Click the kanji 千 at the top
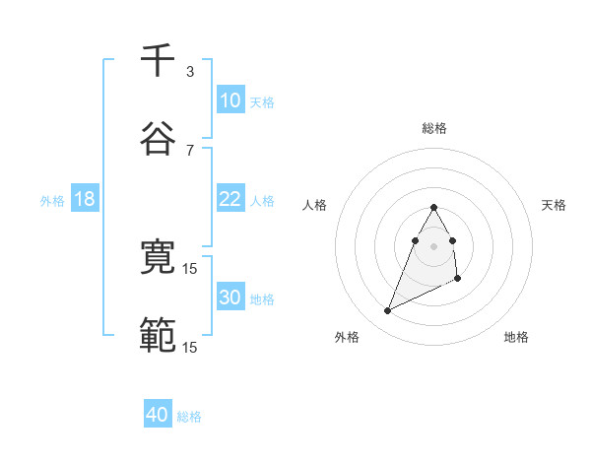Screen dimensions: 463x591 coord(158,60)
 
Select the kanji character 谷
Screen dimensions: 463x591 coord(158,139)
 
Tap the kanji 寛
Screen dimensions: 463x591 coord(158,258)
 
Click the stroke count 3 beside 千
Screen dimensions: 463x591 coord(190,71)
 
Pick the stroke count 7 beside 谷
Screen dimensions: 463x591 coord(190,150)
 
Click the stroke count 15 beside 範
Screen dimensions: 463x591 coord(190,347)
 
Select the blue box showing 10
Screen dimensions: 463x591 coord(230,100)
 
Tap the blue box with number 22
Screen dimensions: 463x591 coord(230,199)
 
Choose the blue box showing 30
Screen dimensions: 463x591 coord(230,298)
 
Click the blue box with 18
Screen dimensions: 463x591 coord(85,199)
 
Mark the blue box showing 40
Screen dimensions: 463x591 coord(158,415)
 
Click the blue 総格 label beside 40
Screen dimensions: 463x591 coord(190,417)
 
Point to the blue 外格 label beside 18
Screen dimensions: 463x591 coord(52,201)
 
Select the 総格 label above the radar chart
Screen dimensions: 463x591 coord(433,128)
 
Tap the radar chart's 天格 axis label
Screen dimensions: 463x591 coord(555,205)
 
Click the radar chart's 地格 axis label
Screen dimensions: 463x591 coord(516,337)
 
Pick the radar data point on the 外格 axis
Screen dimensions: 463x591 coord(387,310)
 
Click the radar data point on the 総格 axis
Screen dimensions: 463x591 coord(433,207)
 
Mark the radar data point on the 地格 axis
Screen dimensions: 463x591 coord(459,280)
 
